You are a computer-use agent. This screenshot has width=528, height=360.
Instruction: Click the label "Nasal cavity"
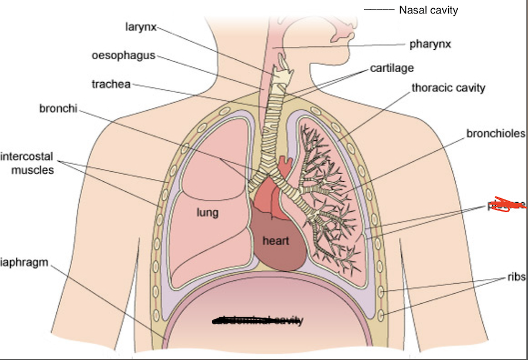[428, 10]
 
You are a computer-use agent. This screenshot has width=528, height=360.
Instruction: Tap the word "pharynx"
[430, 44]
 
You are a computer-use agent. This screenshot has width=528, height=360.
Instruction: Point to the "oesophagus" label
[123, 56]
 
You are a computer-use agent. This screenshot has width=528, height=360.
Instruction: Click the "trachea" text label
[111, 84]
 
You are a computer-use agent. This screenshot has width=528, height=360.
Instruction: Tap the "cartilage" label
[392, 69]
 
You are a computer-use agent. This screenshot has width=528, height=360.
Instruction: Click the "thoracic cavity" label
[448, 88]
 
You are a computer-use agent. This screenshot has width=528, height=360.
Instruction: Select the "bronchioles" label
[496, 134]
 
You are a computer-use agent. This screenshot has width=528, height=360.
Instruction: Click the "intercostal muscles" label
[28, 164]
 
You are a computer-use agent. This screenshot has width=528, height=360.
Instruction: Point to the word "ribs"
[517, 277]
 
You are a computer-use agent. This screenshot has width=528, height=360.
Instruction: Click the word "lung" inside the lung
[207, 212]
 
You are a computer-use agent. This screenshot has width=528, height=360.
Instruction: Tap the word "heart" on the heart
[276, 240]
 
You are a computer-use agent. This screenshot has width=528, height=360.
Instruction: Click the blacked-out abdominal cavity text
[258, 320]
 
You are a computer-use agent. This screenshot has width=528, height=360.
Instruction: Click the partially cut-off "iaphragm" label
[24, 263]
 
